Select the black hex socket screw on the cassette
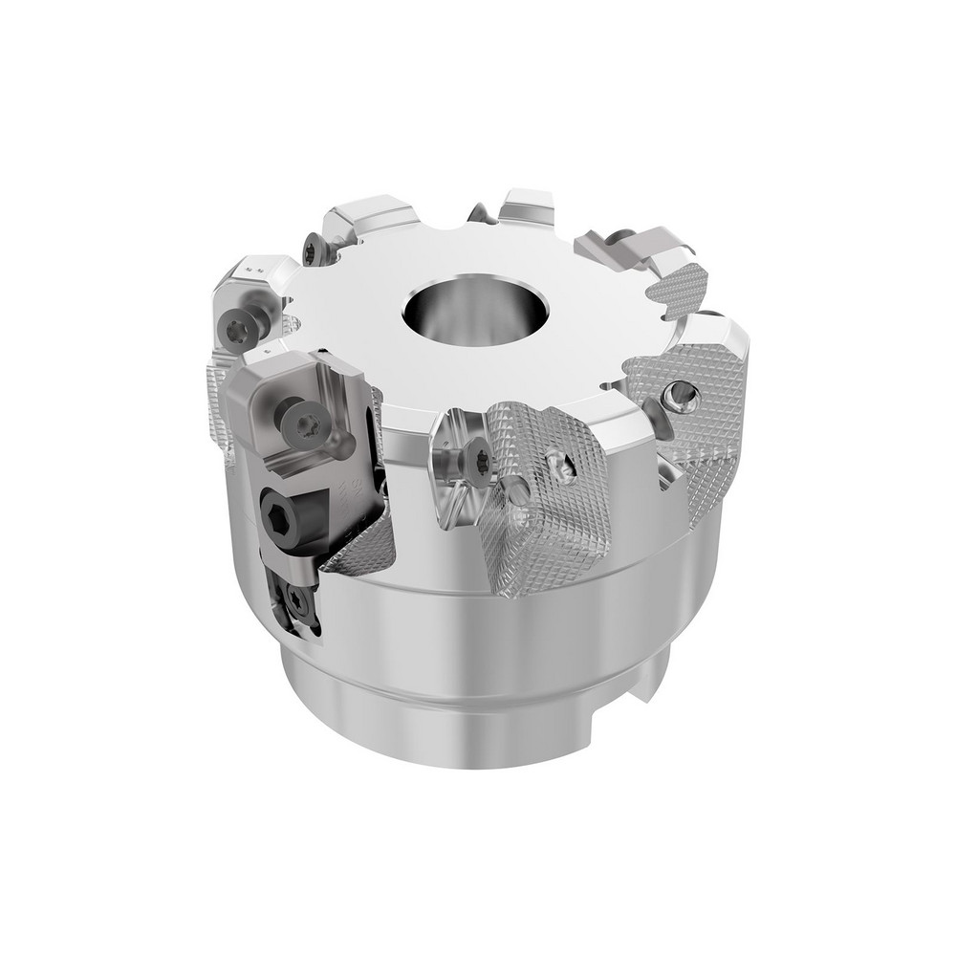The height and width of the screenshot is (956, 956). point(278,517)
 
